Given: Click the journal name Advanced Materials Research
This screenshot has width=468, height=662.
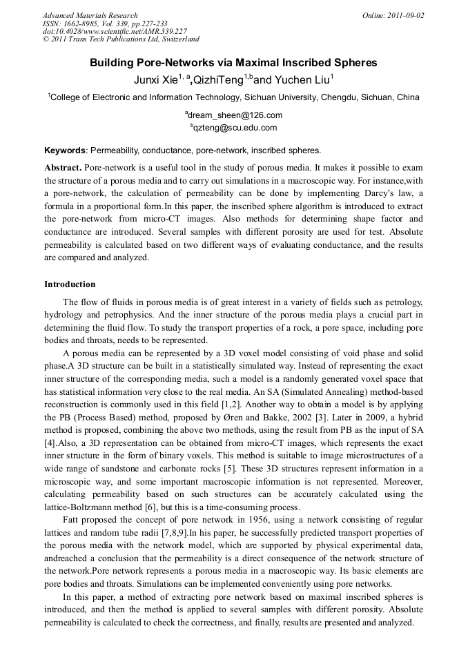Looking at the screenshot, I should tap(90, 15).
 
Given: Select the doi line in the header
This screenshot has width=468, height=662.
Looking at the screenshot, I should tap(115, 31).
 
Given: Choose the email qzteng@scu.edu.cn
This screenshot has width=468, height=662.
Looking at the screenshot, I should tap(235, 128).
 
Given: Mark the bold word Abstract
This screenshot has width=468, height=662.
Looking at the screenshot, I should tap(63, 168).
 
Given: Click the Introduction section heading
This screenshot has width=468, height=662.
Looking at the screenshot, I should tap(70, 284).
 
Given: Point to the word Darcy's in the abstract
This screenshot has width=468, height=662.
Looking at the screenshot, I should tap(340, 194).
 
